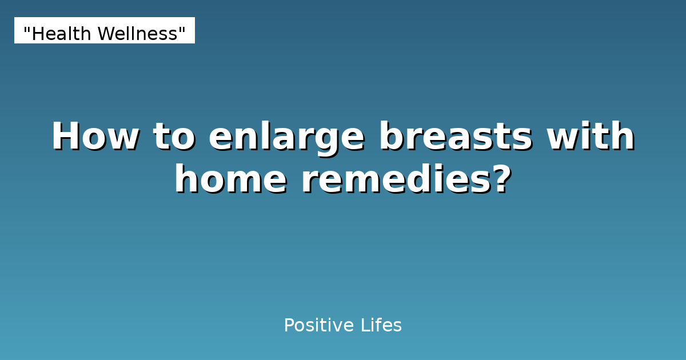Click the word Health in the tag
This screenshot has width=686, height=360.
point(62,34)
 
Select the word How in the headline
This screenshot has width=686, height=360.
point(94,137)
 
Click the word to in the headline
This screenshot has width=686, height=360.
point(173,137)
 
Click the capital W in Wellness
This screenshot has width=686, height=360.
point(103,34)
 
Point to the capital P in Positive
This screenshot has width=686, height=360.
point(289,326)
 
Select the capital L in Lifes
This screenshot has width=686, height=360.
point(364,326)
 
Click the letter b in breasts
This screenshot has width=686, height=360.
point(390,137)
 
